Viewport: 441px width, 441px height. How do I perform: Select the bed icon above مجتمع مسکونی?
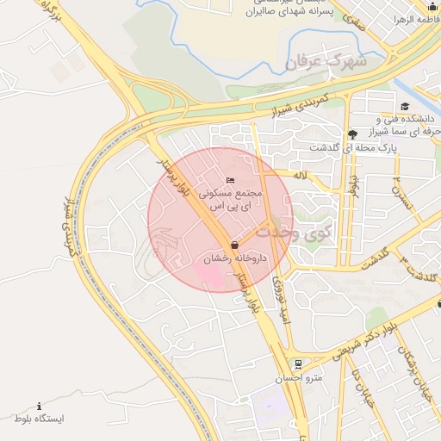click(229, 180)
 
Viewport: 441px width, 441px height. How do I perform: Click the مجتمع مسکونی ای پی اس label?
click(232, 201)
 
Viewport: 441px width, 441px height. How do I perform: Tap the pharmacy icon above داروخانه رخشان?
click(235, 245)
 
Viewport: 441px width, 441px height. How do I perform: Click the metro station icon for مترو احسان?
click(297, 363)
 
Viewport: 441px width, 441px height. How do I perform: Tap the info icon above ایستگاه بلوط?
click(39, 406)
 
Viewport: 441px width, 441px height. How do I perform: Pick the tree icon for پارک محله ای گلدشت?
click(352, 134)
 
